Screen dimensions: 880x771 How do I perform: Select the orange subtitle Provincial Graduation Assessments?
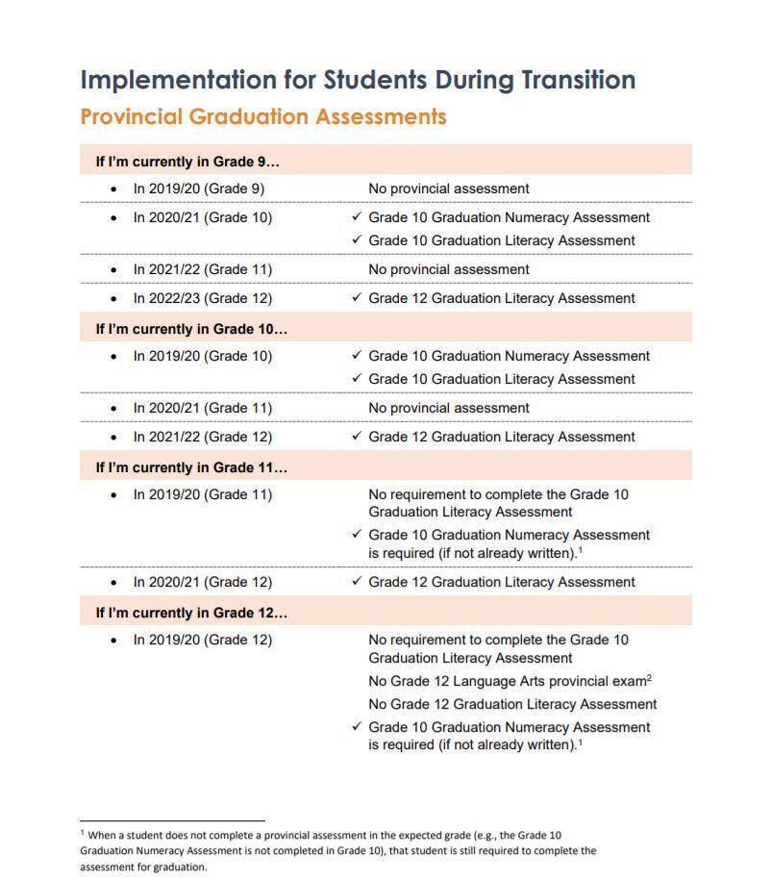click(263, 117)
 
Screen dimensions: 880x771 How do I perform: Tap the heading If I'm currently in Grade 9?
click(187, 162)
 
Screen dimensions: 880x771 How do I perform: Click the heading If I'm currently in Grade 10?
click(191, 329)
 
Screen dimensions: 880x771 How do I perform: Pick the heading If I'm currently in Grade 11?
click(191, 467)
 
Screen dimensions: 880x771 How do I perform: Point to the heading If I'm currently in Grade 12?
click(191, 613)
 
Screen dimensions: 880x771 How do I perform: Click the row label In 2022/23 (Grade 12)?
click(202, 298)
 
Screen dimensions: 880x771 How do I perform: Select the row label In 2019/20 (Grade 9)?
click(198, 189)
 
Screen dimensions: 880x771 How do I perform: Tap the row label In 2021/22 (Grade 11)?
click(202, 269)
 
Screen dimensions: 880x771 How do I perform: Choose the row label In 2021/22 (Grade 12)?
click(202, 437)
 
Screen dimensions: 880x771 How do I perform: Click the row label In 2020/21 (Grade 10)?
click(202, 217)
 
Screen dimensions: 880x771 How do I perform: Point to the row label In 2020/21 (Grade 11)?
click(202, 408)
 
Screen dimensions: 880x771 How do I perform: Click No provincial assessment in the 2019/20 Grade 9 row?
click(449, 189)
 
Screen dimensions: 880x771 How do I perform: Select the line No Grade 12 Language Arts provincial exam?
click(507, 682)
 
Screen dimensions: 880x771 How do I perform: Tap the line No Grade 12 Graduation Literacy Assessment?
click(512, 704)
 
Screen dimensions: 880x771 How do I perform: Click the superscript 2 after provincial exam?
click(650, 678)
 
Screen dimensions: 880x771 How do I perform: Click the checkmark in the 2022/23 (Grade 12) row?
click(357, 298)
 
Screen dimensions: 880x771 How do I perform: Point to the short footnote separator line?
click(172, 821)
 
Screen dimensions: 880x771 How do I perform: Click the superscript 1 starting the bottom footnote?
click(83, 833)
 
